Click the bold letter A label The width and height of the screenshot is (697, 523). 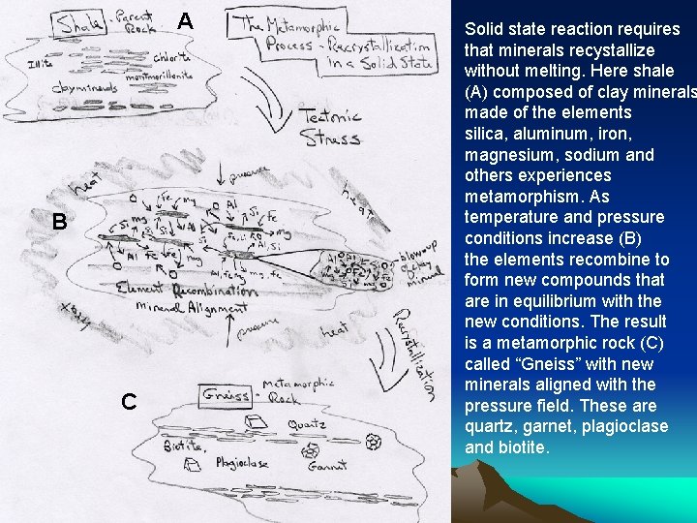click(x=186, y=21)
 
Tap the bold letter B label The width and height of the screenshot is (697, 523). click(x=59, y=222)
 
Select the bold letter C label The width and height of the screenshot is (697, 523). click(x=129, y=401)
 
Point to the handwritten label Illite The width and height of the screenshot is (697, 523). click(x=42, y=64)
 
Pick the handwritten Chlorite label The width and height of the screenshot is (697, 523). click(x=170, y=57)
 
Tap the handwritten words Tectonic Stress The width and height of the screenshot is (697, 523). click(x=331, y=127)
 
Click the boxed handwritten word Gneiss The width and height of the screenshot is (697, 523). click(x=226, y=395)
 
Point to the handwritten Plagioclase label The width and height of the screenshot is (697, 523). click(x=243, y=463)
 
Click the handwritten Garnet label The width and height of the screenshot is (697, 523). click(x=327, y=466)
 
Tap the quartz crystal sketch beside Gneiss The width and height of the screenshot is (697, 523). click(x=257, y=422)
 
